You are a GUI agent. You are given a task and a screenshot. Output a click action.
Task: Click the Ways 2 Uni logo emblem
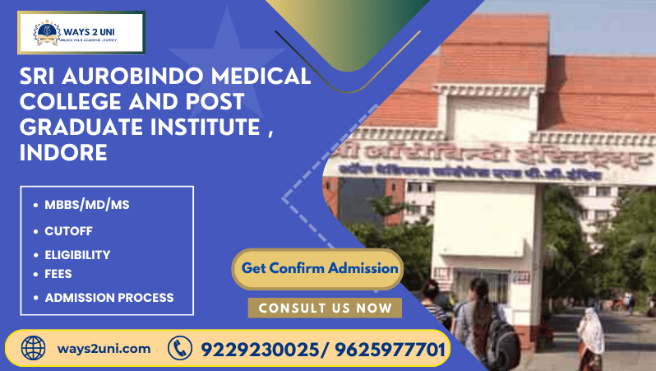46,33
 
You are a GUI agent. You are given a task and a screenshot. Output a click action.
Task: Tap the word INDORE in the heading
64,152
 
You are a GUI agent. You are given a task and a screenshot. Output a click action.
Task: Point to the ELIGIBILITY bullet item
77,255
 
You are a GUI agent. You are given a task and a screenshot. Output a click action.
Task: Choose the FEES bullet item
58,274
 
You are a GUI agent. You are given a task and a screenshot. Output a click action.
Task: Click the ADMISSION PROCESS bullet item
109,298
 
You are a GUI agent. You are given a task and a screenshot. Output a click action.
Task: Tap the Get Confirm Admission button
319,268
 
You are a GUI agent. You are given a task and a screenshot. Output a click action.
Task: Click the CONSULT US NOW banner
325,308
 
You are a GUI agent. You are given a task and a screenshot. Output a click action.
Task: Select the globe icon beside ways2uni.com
33,348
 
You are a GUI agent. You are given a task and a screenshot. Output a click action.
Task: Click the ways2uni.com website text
104,349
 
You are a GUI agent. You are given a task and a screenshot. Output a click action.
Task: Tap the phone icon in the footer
179,349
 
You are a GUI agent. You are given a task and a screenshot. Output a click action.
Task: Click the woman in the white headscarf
589,334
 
